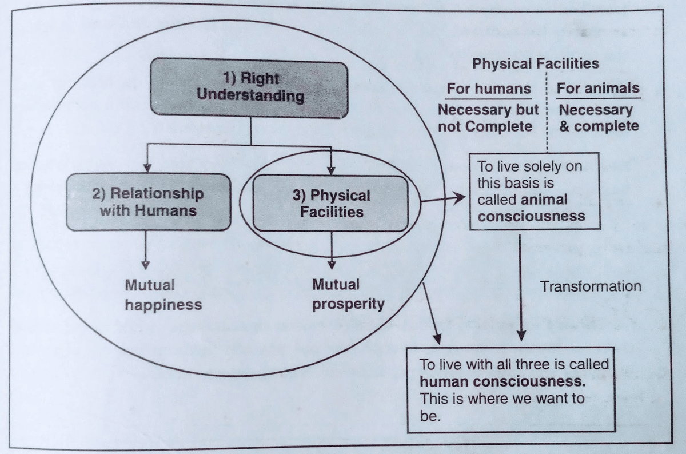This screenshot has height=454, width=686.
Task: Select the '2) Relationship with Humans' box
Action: coord(147,202)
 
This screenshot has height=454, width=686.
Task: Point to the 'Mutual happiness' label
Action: coord(162,294)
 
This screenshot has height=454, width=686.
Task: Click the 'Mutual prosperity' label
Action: coord(348,294)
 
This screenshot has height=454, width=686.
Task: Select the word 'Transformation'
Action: coord(591,286)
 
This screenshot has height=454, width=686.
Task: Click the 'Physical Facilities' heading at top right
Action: coord(535,63)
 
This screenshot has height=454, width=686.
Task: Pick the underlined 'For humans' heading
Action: coord(488,89)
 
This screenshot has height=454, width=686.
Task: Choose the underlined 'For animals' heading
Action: coord(597,89)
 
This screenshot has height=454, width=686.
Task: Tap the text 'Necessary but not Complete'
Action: coord(487,118)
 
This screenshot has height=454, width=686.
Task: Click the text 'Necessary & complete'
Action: coord(598,118)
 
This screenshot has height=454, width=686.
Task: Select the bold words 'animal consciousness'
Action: coord(531,208)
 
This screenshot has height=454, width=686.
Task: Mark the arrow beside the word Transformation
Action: coord(520,286)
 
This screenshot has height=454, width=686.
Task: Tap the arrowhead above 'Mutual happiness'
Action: coord(146,264)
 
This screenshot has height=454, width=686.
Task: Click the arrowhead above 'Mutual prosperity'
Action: coord(332,264)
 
